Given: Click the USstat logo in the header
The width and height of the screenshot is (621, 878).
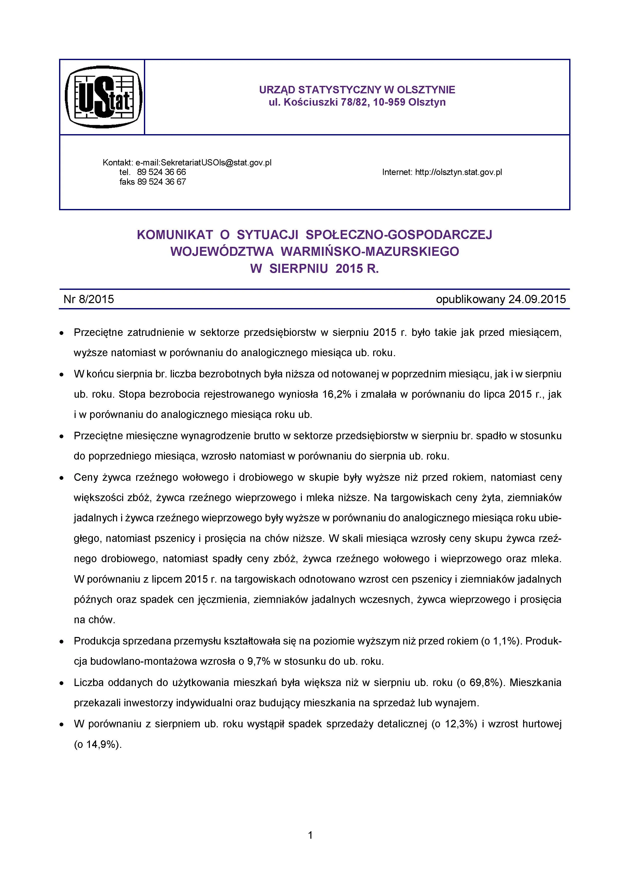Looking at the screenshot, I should coord(103,97).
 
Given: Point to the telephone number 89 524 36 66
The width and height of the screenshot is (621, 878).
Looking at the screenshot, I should coord(161,172).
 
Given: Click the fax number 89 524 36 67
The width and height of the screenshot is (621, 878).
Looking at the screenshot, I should coord(161,182).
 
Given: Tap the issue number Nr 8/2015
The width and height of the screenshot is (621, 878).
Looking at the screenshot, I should coord(89,299).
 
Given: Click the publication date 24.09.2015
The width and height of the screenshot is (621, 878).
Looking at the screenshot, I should coord(537,299).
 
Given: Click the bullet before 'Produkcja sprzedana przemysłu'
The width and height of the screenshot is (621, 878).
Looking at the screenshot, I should coord(61,641).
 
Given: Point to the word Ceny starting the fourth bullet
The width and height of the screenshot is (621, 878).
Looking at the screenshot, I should coord(86,478).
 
